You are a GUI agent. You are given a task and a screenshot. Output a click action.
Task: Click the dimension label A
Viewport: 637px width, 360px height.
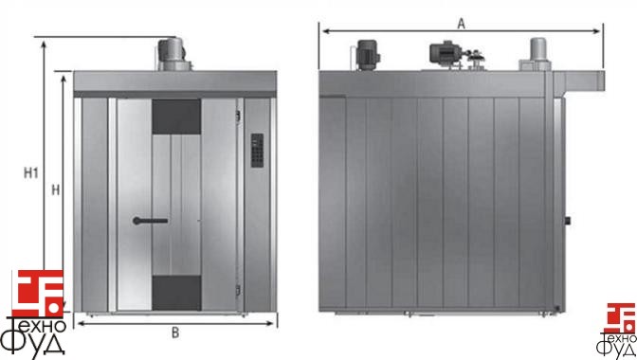(461, 24)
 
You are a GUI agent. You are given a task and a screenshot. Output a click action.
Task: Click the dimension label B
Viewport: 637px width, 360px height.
(175, 333)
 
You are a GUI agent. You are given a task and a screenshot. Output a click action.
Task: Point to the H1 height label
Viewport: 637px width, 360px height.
(31, 173)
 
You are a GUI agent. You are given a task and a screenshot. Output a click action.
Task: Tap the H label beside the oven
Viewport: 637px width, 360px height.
(56, 189)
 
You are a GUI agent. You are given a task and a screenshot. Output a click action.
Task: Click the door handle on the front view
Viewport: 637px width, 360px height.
(150, 221)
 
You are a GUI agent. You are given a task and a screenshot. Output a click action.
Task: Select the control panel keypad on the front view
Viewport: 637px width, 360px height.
(257, 151)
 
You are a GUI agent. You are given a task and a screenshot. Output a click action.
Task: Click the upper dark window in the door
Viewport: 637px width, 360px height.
(176, 117)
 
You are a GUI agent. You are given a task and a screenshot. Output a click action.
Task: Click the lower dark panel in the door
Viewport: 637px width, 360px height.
(176, 293)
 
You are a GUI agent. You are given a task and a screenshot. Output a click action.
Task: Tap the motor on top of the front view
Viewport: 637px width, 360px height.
(173, 54)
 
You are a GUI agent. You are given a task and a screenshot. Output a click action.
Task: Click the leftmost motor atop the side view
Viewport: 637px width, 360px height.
(366, 55)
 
